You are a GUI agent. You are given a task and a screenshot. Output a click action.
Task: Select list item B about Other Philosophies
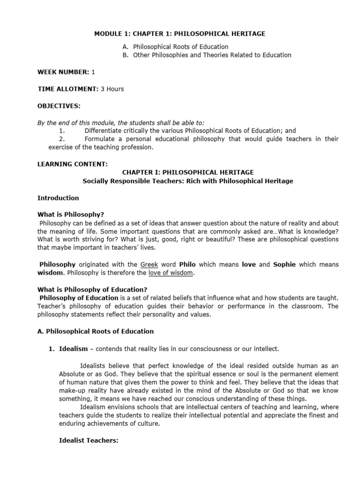tap(212, 55)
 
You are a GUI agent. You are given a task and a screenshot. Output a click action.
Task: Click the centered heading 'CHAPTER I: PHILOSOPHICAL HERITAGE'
tap(187, 172)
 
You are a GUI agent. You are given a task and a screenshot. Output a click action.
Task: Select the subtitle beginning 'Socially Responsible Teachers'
tap(187, 181)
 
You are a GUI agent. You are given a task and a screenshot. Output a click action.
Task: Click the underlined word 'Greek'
tap(149, 264)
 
